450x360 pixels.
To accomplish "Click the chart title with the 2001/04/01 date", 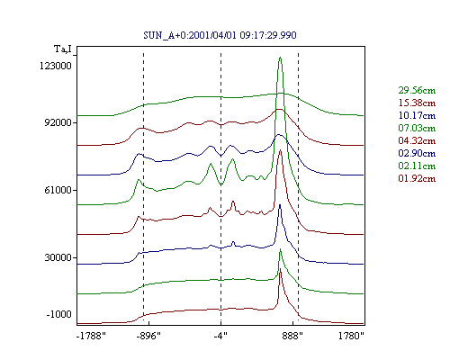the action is (x=220, y=35).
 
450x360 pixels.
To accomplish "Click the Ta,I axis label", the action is (x=63, y=49).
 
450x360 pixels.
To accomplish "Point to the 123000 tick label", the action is (x=56, y=66).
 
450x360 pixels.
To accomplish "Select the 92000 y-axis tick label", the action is (x=58, y=122).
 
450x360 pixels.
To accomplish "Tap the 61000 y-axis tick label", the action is (x=58, y=190).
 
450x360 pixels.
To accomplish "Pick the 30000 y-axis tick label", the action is (x=58, y=257).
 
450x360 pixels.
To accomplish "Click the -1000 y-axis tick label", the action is (x=58, y=314).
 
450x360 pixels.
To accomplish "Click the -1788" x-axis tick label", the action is (x=91, y=336).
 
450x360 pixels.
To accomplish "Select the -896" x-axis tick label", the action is (x=148, y=336).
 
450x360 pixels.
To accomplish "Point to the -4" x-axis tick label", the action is (x=220, y=336).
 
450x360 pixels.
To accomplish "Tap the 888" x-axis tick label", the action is (x=292, y=336).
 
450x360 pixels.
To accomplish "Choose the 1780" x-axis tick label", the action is (x=351, y=336).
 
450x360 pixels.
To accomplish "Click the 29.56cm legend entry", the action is (x=417, y=90).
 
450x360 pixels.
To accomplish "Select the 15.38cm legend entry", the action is (x=417, y=103).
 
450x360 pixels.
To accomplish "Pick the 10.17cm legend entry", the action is (x=417, y=115).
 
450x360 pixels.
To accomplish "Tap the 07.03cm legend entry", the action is (x=417, y=128).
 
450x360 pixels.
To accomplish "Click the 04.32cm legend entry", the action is (x=417, y=140).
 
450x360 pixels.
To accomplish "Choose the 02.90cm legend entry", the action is (x=417, y=153).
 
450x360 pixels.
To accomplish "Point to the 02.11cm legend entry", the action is (x=417, y=166).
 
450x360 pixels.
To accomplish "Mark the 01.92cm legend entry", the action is (x=417, y=178).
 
